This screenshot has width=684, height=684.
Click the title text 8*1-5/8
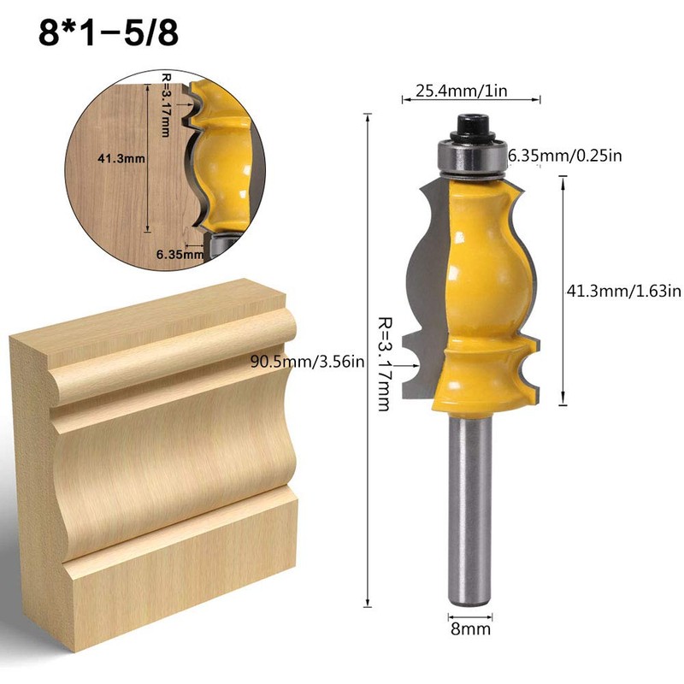(108, 35)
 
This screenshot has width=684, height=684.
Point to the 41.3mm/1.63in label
(623, 291)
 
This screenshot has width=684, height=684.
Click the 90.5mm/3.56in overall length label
(308, 361)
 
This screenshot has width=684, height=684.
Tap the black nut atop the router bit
(469, 124)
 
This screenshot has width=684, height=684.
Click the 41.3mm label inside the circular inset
(110, 157)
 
